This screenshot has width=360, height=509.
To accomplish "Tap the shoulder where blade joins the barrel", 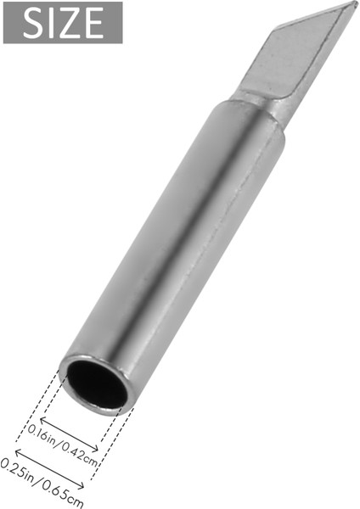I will point(255,100).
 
